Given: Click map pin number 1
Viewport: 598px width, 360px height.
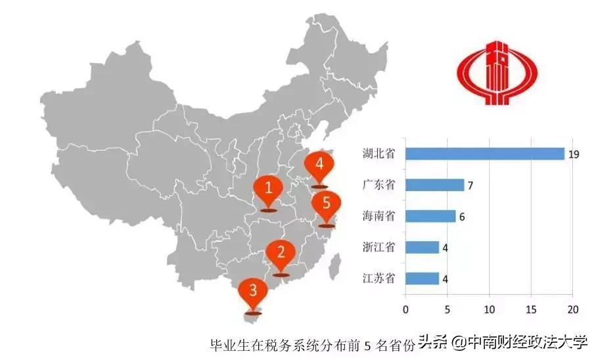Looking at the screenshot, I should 269,189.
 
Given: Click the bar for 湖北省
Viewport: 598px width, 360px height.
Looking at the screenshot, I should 485,154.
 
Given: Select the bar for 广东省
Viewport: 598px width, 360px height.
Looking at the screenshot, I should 435,185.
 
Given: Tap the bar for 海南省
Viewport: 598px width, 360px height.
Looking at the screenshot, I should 430,216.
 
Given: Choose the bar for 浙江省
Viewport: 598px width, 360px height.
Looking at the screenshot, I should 423,247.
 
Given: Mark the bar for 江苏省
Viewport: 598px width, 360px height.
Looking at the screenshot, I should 423,278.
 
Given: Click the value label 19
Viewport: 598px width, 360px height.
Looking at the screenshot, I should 573,154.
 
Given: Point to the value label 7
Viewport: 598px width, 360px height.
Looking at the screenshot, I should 470,185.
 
